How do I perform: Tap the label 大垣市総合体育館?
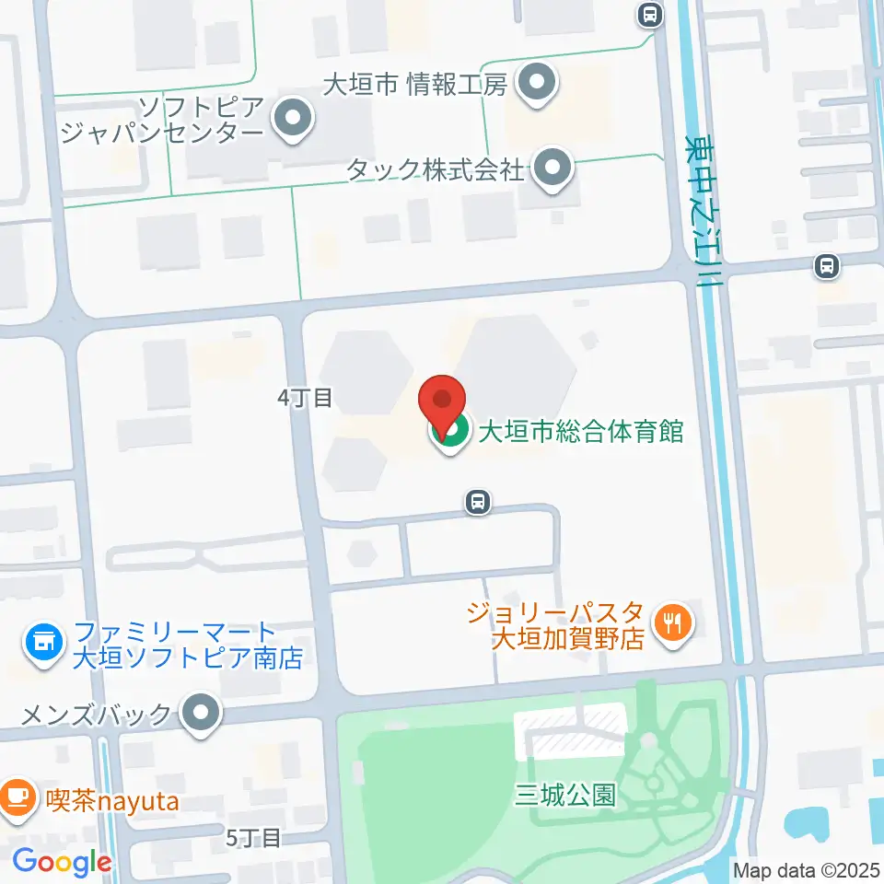pos(580,431)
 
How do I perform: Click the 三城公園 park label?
pos(565,794)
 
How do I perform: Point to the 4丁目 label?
pos(304,398)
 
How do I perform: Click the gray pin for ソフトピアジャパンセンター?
pos(294,119)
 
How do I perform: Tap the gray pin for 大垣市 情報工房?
pos(533,85)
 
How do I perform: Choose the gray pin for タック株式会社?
pos(552,169)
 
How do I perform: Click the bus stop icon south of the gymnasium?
pos(477,502)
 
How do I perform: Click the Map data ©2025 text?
pos(806,868)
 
